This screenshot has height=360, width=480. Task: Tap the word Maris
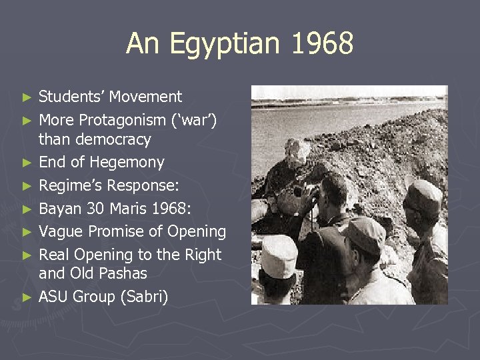coord(126,209)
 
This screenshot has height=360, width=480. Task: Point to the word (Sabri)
coord(142,297)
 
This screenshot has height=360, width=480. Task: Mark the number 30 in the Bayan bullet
coord(94,209)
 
